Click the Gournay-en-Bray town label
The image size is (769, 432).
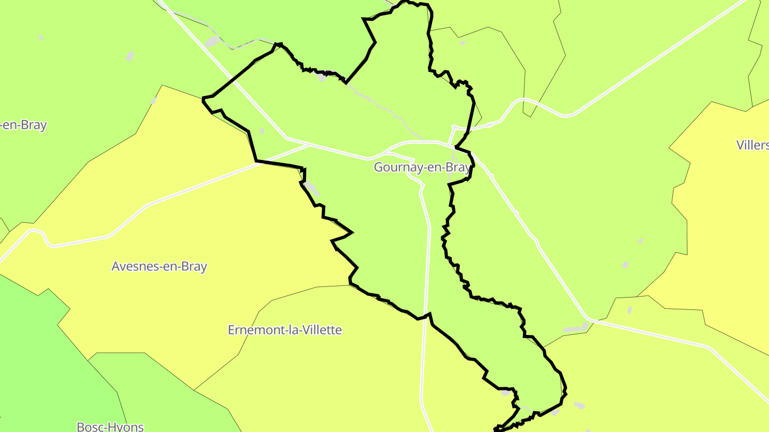click(422, 167)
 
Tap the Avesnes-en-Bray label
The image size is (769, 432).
click(159, 267)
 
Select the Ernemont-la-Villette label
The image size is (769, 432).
click(285, 330)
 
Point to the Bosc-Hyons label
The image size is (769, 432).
click(111, 427)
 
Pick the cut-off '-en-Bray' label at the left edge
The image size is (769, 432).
click(23, 125)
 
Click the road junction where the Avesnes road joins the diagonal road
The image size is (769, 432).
click(309, 144)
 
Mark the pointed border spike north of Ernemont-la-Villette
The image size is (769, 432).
click(351, 232)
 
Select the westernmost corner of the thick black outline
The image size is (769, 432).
click(203, 99)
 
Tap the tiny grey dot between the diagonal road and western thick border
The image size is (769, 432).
click(262, 131)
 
